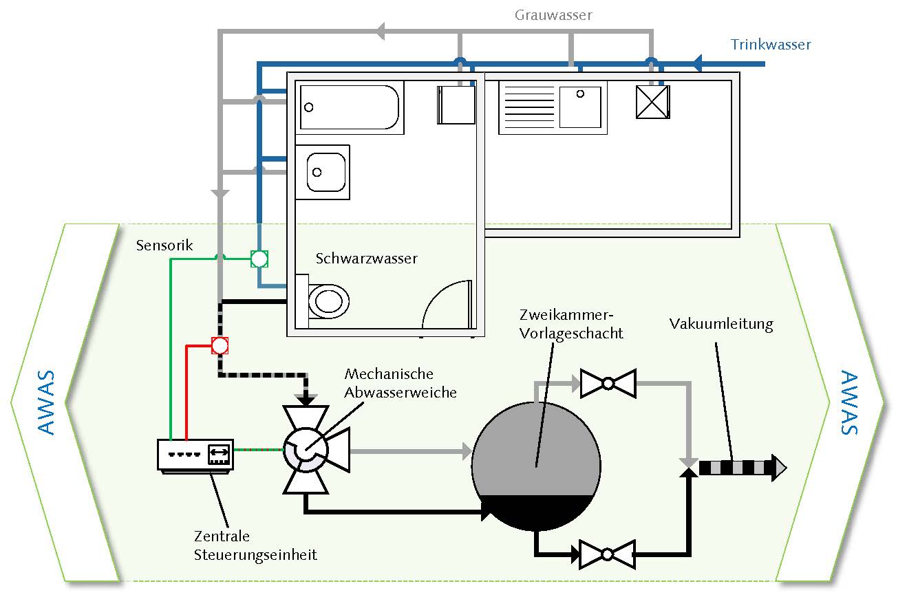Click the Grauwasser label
click(553, 14)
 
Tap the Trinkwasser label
click(771, 45)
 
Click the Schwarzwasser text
click(367, 259)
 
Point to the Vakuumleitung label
click(721, 324)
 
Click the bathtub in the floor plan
click(350, 107)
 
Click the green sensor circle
click(259, 259)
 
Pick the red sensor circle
click(219, 345)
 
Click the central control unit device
click(195, 455)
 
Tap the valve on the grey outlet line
click(608, 383)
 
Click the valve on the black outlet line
click(608, 554)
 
